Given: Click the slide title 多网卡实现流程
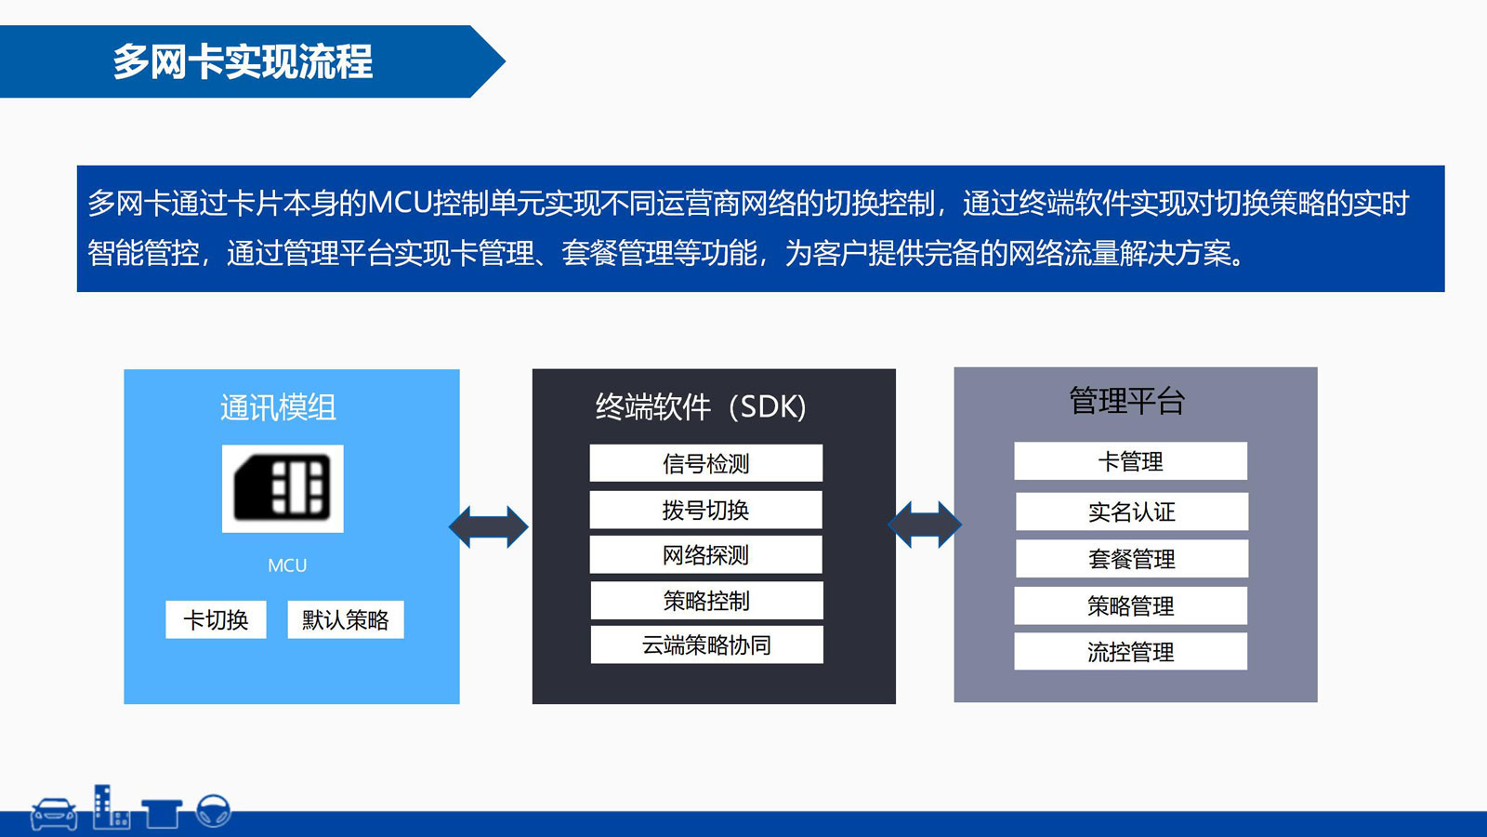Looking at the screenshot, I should pyautogui.click(x=243, y=62).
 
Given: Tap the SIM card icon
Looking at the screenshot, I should pyautogui.click(x=283, y=488).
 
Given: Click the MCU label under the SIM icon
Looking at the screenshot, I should pyautogui.click(x=287, y=565).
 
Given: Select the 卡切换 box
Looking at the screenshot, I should pyautogui.click(x=216, y=619).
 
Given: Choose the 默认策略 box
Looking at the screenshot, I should pyautogui.click(x=346, y=619).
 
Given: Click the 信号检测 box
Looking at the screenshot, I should pyautogui.click(x=705, y=463).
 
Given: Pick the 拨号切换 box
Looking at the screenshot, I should pyautogui.click(x=705, y=510).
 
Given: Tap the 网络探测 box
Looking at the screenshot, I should pyautogui.click(x=705, y=554).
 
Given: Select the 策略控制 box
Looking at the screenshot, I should pyautogui.click(x=706, y=601).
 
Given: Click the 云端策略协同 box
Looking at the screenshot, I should pyautogui.click(x=706, y=644).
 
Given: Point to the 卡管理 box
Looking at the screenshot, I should pyautogui.click(x=1130, y=461).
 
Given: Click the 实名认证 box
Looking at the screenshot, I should pyautogui.click(x=1131, y=511).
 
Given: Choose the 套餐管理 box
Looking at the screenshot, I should pyautogui.click(x=1131, y=559).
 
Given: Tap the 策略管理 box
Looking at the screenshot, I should pyautogui.click(x=1130, y=606).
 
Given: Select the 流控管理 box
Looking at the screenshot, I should pyautogui.click(x=1130, y=652).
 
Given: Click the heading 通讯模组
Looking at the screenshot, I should pyautogui.click(x=278, y=407).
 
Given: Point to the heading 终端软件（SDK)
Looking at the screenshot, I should pyautogui.click(x=701, y=406).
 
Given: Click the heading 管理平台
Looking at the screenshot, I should pyautogui.click(x=1126, y=401).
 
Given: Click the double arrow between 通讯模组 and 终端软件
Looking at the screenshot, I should pyautogui.click(x=489, y=527).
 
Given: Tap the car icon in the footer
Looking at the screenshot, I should pyautogui.click(x=54, y=814).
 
